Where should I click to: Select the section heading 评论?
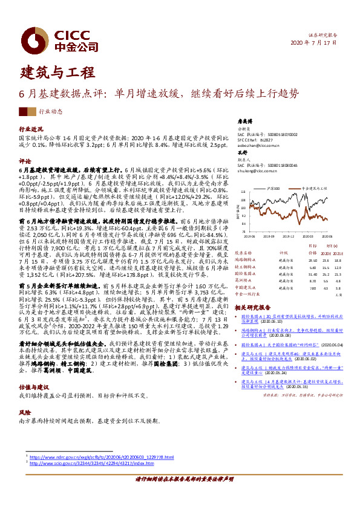click(x=24, y=161)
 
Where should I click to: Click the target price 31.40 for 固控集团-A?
click(x=296, y=273)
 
